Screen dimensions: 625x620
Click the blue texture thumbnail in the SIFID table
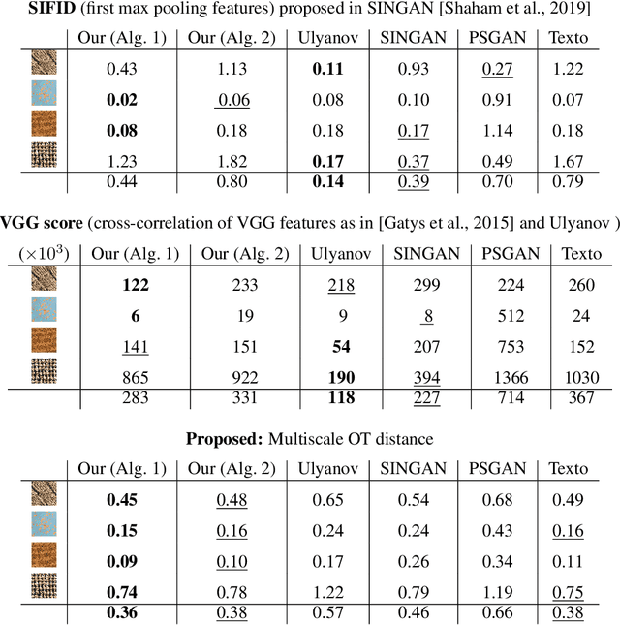[x=45, y=98]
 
